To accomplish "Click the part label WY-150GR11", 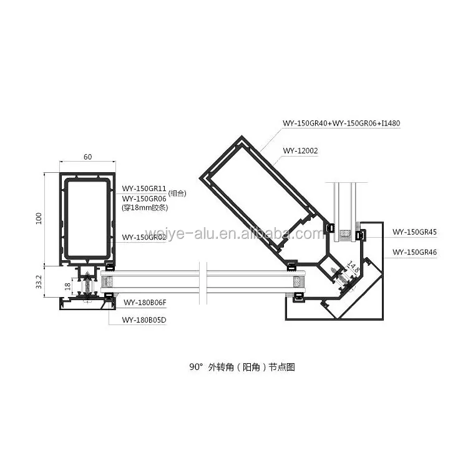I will (x=144, y=188).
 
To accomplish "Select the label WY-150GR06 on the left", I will (x=144, y=198).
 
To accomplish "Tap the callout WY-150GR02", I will (x=144, y=237).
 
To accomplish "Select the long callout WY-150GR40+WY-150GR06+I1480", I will (x=341, y=123).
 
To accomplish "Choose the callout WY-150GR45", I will (x=414, y=232).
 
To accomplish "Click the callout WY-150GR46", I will (x=414, y=252).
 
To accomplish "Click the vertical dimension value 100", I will (x=39, y=218).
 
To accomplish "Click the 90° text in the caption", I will (x=197, y=368).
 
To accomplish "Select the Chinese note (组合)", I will (x=178, y=193).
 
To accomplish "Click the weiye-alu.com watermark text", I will (x=234, y=234).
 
